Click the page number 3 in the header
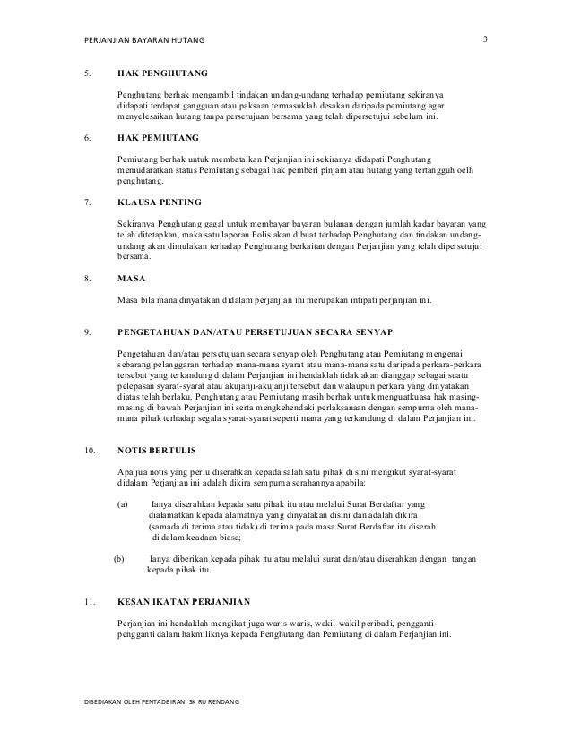coord(485,39)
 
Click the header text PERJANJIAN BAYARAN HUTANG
coord(144,41)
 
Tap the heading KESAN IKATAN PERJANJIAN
coord(184,602)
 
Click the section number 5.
coord(87,72)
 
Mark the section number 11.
coord(89,602)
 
